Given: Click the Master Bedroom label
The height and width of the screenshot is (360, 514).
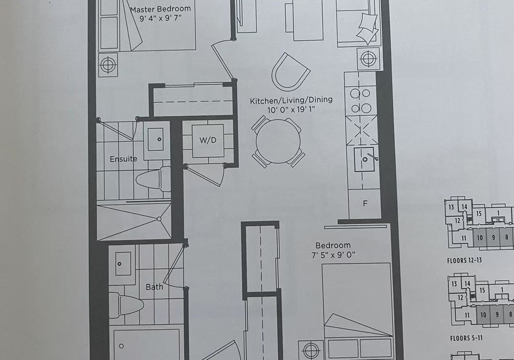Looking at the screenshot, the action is (160, 9).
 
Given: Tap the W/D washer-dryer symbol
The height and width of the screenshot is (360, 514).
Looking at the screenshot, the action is (208, 141).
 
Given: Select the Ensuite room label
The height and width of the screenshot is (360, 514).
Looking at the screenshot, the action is (123, 159).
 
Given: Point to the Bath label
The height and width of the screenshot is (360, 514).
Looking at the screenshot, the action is (154, 287).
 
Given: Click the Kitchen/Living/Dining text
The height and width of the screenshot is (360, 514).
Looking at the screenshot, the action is (291, 100).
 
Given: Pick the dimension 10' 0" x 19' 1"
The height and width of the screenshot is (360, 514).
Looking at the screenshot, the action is (291, 110).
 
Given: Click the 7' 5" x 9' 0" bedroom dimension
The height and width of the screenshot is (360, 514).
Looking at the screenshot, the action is (334, 255).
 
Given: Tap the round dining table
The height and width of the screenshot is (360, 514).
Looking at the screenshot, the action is (278, 141).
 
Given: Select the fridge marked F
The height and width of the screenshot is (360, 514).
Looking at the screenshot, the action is (365, 204).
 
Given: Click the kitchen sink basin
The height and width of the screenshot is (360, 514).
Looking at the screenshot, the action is (364, 159).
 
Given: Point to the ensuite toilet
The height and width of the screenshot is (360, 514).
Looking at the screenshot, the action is (154, 179).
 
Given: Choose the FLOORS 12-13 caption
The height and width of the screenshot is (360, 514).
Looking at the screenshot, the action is (465, 261).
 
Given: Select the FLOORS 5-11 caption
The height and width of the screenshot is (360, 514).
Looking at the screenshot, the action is (466, 338).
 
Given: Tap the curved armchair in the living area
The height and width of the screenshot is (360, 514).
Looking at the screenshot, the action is (290, 72).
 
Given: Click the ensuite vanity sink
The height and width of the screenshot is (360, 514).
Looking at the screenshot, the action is (156, 139).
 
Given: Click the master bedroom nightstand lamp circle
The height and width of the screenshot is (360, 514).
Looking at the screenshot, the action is (108, 65).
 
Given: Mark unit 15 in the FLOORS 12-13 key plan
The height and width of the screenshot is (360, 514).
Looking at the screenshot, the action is (479, 213).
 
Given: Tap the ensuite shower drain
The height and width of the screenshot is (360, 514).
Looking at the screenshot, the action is (160, 218).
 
